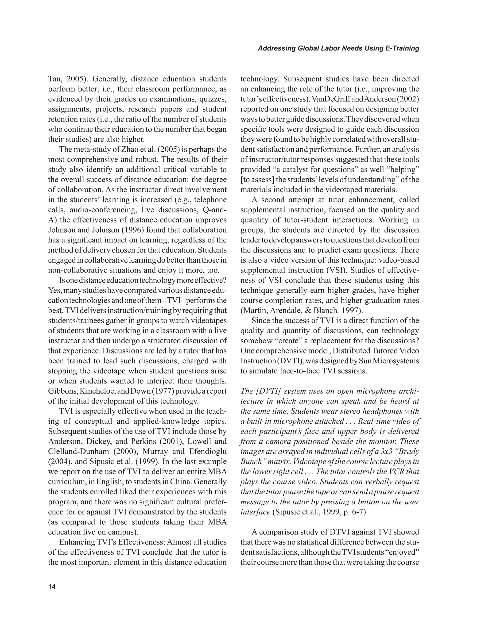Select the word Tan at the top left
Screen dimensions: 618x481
point(54,79)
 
